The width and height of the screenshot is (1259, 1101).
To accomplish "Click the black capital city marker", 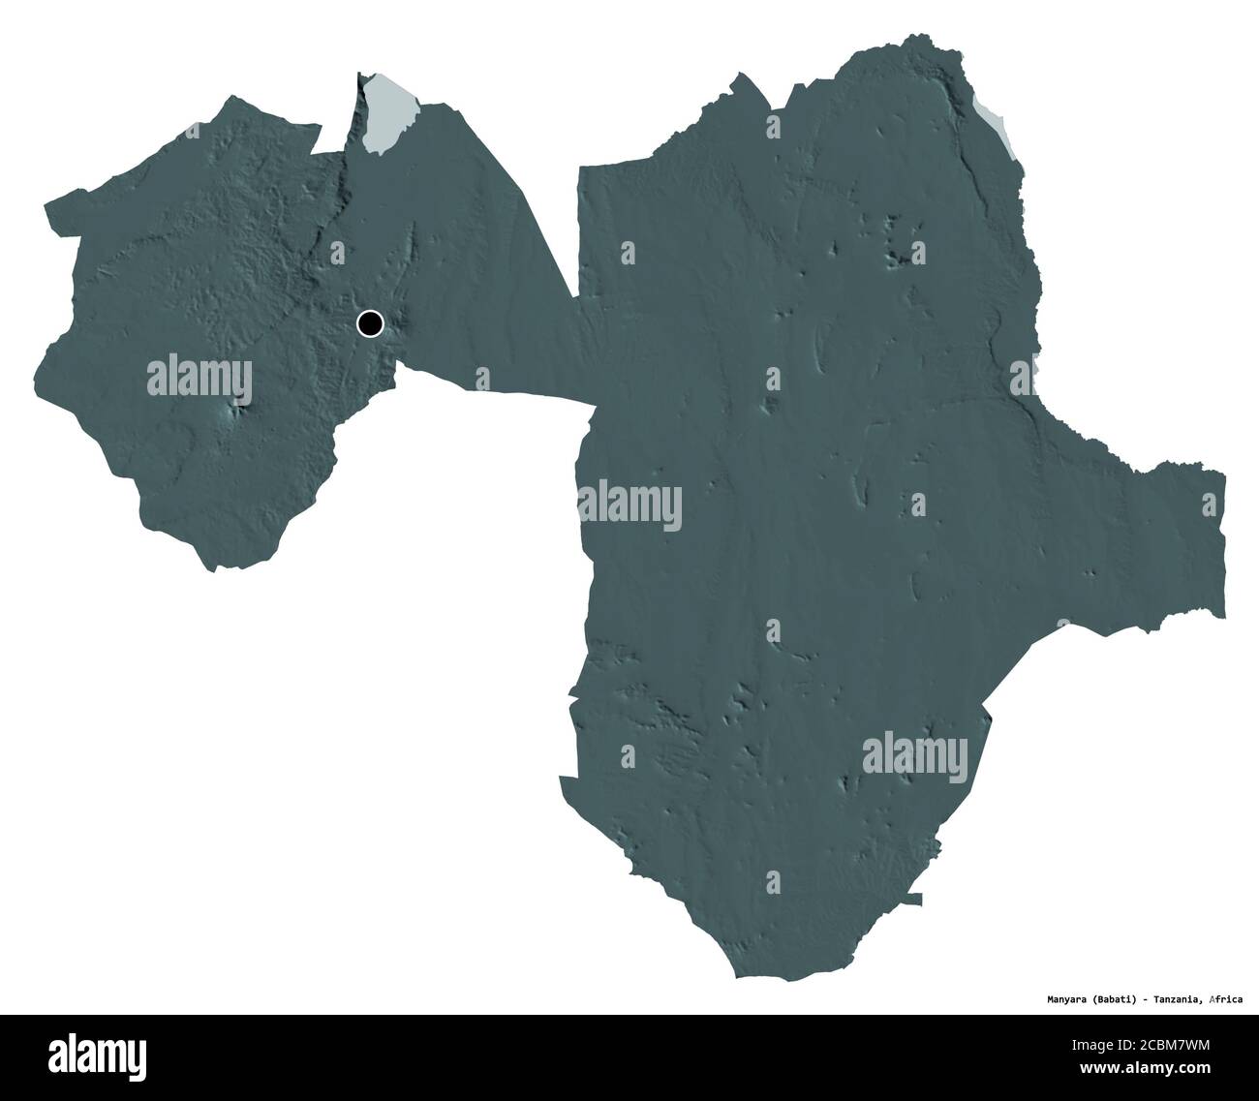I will coord(370,323).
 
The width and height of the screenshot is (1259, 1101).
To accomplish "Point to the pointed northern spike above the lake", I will coord(359,76).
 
